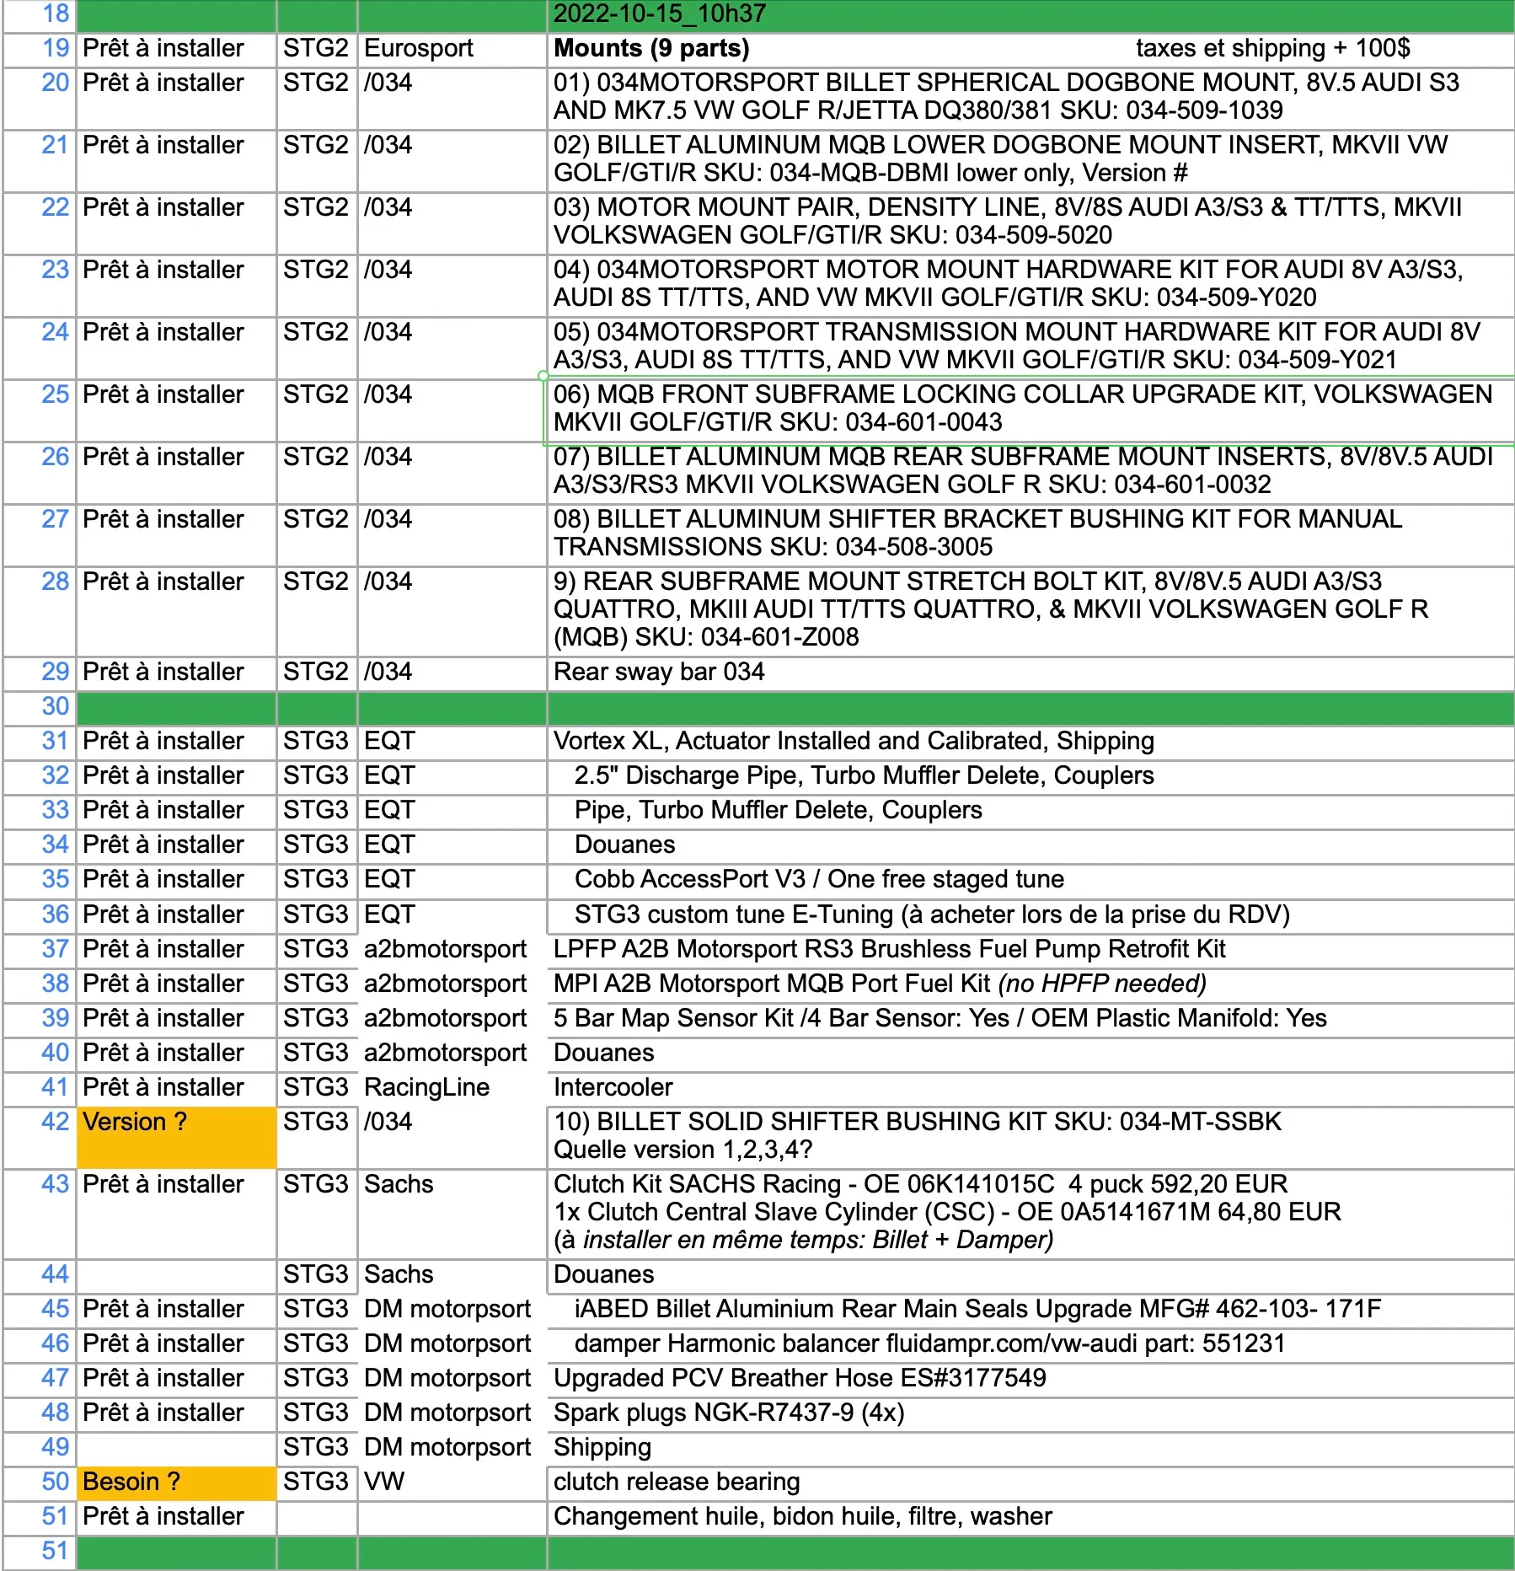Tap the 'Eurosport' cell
[x=419, y=48]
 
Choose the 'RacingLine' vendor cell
[x=426, y=1087]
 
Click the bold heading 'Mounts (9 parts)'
[x=651, y=48]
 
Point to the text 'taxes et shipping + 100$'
[x=1272, y=48]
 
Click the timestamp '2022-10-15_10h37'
[x=660, y=13]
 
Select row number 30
[x=55, y=706]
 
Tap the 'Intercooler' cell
[x=613, y=1087]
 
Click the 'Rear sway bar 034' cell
[x=659, y=672]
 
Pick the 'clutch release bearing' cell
[x=677, y=1482]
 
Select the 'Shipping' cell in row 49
[x=602, y=1447]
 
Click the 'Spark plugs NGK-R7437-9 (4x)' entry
[x=729, y=1413]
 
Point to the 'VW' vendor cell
[x=384, y=1482]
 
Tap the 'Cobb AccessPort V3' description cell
[x=819, y=879]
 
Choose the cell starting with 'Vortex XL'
[x=854, y=741]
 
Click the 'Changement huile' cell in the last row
[x=803, y=1516]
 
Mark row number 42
[x=55, y=1122]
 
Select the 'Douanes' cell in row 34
[x=624, y=844]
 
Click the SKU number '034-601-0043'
[x=923, y=422]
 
